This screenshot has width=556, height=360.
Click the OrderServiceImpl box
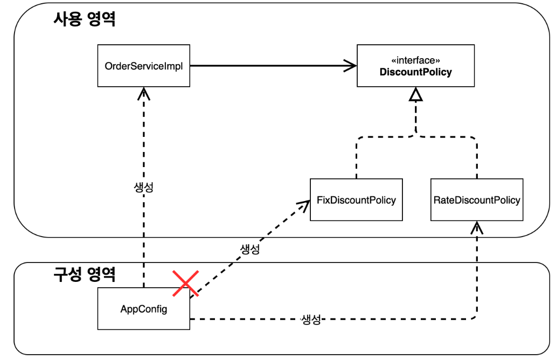point(144,66)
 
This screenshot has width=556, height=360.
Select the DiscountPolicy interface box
point(415,66)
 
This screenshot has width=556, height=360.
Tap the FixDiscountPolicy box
point(356,200)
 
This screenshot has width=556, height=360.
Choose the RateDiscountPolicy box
point(477,200)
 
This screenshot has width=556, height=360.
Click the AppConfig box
point(144,309)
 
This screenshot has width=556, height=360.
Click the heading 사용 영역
point(85,20)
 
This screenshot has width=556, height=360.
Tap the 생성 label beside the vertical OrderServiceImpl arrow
point(143,188)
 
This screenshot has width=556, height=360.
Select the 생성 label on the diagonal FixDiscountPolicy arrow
point(249,250)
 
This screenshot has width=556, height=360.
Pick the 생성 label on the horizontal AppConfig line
point(311,319)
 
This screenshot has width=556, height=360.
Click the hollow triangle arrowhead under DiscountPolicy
point(415,96)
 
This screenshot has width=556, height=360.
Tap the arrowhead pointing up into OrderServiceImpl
point(143,93)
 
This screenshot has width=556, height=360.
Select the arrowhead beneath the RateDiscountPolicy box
point(477,227)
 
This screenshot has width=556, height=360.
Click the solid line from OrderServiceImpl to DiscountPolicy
point(269,66)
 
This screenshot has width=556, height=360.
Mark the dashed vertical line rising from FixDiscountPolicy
point(356,159)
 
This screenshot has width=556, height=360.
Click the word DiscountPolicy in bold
point(415,72)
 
